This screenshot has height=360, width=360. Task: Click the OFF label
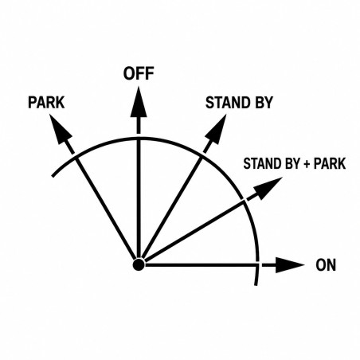(139, 73)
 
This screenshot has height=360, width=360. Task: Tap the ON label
(326, 265)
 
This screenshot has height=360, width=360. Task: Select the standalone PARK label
(46, 103)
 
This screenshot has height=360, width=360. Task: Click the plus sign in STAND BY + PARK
(307, 164)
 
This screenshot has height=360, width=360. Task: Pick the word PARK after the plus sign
(330, 163)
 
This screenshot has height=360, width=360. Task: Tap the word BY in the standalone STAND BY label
(264, 103)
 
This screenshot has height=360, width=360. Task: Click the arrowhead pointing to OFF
(139, 102)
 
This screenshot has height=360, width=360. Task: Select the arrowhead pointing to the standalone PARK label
(60, 129)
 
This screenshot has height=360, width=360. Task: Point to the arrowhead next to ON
(289, 265)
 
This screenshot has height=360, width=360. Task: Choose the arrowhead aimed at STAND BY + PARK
(268, 188)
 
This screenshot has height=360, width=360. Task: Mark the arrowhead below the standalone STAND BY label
(217, 129)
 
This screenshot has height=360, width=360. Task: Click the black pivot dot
(139, 264)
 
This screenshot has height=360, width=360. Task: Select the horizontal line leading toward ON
(202, 265)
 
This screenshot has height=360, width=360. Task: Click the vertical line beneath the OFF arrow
(139, 198)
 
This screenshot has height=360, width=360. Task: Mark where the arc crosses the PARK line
(76, 158)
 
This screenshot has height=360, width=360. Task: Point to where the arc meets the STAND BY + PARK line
(244, 201)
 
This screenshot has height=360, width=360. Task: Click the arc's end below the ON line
(256, 285)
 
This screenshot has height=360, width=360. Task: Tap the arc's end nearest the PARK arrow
(53, 176)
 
